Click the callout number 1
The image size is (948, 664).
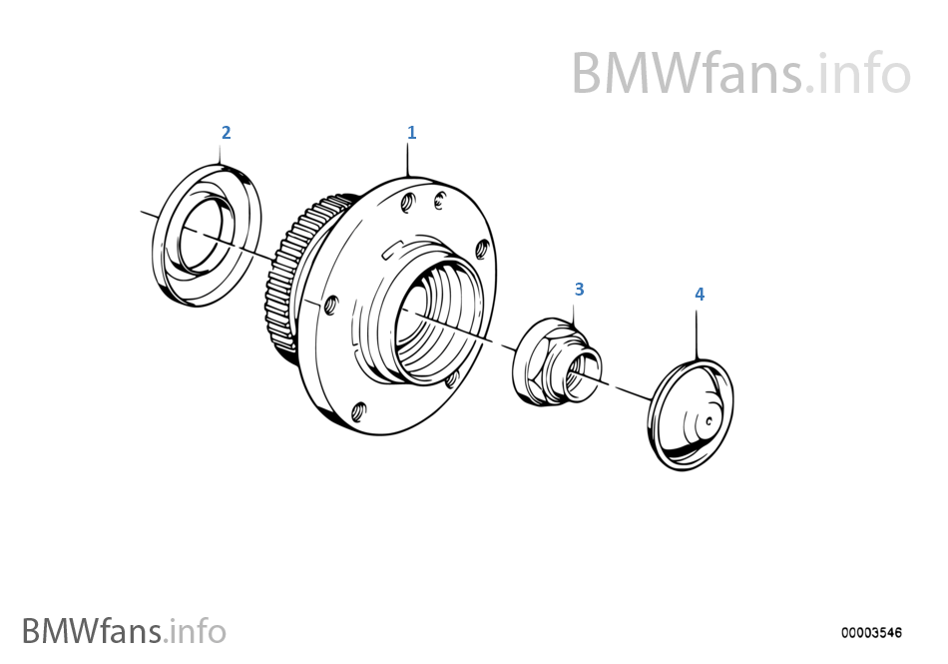(412, 133)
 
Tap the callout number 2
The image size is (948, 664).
(227, 133)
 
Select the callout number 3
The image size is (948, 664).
(579, 290)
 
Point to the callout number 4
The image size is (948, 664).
(700, 295)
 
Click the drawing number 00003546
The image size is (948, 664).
(871, 633)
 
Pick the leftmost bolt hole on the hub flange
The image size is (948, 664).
(330, 306)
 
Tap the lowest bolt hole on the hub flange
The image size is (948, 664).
(359, 411)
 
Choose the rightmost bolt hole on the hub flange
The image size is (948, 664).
(482, 249)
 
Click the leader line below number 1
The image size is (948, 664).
(409, 160)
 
